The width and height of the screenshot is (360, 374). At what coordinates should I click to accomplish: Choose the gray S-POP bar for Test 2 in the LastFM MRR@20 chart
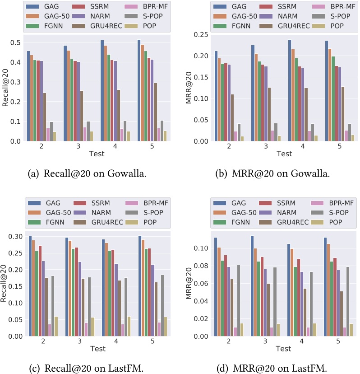(239, 300)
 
